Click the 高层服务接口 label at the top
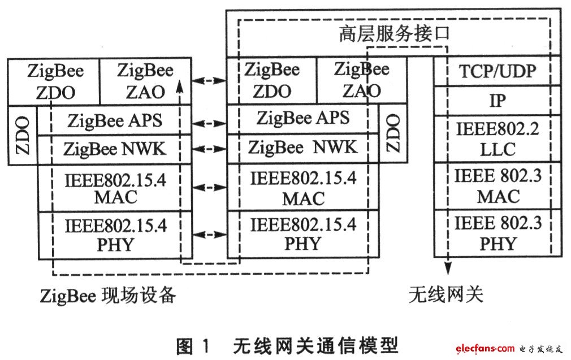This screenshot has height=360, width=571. click(x=395, y=33)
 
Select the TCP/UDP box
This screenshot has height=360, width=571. click(x=498, y=71)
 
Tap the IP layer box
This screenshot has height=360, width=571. click(x=498, y=101)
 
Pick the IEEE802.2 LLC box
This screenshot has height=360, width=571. click(x=498, y=139)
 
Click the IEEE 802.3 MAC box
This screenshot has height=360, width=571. click(x=498, y=186)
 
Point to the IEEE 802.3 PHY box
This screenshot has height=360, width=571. click(x=498, y=233)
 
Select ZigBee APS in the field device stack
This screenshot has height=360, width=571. click(x=114, y=120)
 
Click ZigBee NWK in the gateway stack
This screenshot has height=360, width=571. click(x=302, y=148)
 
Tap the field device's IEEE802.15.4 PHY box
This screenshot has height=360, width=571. click(x=115, y=235)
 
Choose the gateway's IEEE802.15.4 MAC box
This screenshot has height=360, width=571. click(x=302, y=186)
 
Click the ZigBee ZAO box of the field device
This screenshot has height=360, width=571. click(x=145, y=81)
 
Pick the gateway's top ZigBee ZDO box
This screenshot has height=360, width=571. click(x=272, y=80)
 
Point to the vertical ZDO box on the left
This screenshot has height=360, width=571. click(x=23, y=136)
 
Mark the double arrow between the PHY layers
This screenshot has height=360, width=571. click(x=209, y=235)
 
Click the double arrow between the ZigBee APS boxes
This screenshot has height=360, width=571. click(x=209, y=124)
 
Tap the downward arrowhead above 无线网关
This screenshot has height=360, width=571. click(x=448, y=268)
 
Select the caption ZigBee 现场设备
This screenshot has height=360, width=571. click(x=108, y=295)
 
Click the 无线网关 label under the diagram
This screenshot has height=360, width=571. click(x=445, y=294)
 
